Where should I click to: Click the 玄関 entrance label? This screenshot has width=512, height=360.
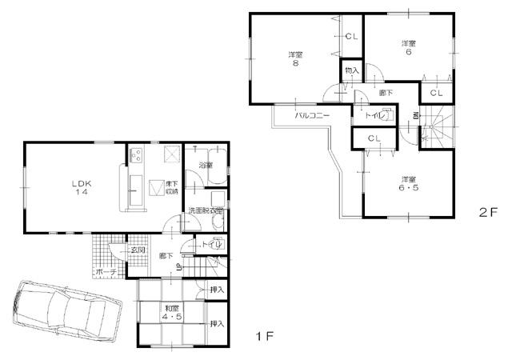(138, 250)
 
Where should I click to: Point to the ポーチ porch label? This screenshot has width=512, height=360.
(106, 273)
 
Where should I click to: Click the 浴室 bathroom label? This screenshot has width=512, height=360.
(206, 166)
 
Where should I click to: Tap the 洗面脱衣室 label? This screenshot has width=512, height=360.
(206, 210)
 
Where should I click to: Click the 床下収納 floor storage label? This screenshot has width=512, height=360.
(172, 188)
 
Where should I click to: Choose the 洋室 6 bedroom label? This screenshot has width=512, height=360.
(408, 47)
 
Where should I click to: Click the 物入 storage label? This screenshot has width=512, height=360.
(351, 70)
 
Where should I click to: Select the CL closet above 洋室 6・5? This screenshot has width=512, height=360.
(374, 138)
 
